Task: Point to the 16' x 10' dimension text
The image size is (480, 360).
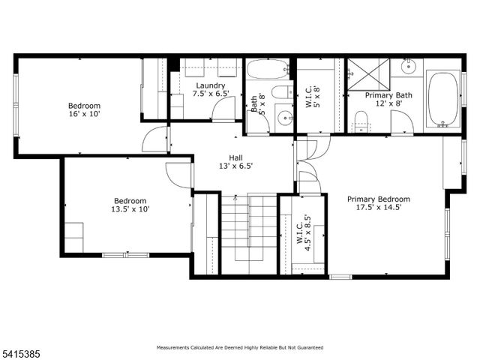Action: click(85, 115)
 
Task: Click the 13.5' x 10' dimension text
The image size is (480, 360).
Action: click(130, 210)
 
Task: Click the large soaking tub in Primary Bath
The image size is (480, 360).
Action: click(443, 99)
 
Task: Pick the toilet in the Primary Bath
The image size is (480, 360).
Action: click(360, 121)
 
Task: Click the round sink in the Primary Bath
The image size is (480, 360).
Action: click(409, 67)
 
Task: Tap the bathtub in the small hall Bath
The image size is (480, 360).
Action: click(268, 71)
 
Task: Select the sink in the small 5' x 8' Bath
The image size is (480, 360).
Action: click(283, 118)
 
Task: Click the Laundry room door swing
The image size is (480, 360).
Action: click(223, 110)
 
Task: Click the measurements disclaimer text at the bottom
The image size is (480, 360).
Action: click(239, 347)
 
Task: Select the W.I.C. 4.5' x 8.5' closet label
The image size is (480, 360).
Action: click(302, 231)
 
